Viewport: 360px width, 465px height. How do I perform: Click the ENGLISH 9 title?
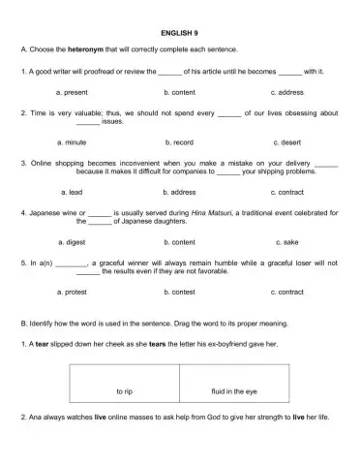coord(179,32)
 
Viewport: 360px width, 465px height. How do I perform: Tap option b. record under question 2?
coord(180,142)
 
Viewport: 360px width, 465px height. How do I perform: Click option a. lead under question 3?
coord(71,192)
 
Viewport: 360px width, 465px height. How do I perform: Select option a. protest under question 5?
coord(75,292)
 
